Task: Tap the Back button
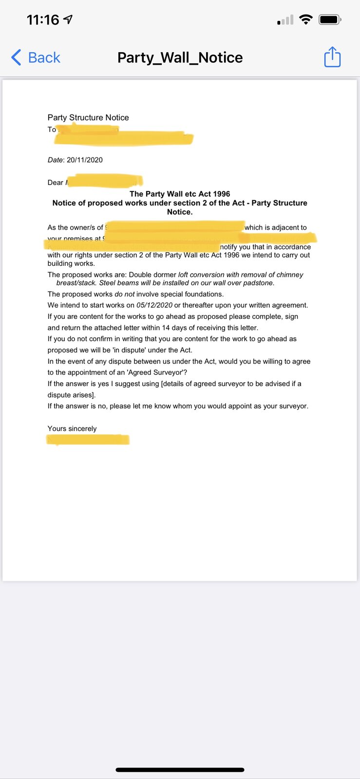[x=36, y=57]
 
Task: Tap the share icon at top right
[x=332, y=57]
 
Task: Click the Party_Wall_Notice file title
[x=180, y=57]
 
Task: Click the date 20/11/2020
[x=85, y=160]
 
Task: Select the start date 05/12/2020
[x=154, y=305]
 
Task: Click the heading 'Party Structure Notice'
[x=88, y=117]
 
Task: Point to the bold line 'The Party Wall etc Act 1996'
[x=180, y=194]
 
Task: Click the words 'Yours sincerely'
[x=72, y=428]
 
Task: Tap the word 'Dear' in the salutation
[x=55, y=183]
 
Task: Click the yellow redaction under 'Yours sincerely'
[x=88, y=440]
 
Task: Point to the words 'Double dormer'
[x=152, y=275]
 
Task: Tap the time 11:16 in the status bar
[x=43, y=20]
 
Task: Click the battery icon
[x=330, y=20]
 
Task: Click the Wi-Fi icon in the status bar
[x=305, y=19]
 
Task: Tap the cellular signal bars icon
[x=285, y=20]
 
